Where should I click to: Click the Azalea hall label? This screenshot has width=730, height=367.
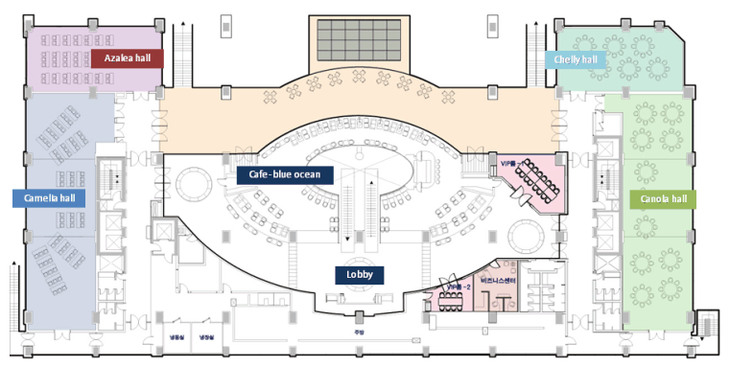129,58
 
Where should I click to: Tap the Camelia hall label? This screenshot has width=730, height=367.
49,198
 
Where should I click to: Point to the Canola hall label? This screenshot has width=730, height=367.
662,199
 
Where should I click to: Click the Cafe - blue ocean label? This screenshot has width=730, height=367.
285,174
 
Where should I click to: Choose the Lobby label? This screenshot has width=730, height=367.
359,274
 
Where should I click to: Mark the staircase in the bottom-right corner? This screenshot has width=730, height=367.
708,327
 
